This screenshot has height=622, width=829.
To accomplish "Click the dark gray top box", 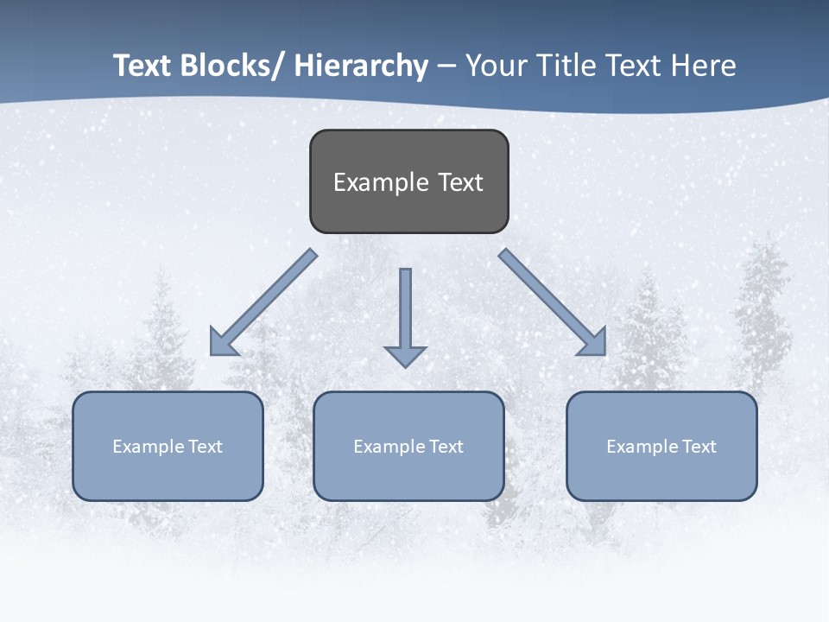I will tap(408, 181).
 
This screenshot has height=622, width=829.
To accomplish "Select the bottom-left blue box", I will tap(168, 446).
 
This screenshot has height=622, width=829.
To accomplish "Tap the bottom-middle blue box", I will tap(408, 446).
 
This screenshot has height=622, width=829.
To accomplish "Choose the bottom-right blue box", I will tap(661, 446).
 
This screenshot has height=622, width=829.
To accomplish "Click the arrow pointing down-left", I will tap(263, 302).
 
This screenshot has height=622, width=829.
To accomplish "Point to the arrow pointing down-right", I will tap(553, 302).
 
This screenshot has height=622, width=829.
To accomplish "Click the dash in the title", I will tap(446, 67).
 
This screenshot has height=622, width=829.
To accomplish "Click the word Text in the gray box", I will tap(460, 182).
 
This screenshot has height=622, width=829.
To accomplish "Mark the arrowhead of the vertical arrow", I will tap(405, 355).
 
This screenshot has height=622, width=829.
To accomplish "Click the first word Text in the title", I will tap(143, 66).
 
